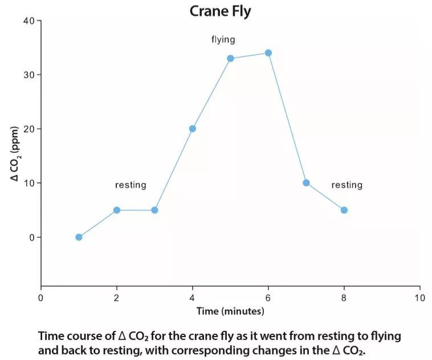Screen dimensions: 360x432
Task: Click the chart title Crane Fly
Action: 220,11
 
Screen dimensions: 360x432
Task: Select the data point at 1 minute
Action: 79,237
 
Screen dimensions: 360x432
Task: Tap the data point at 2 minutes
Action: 117,210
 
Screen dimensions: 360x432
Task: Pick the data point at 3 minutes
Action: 154,210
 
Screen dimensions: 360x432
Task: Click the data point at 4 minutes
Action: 193,129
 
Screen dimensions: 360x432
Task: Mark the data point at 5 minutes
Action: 230,58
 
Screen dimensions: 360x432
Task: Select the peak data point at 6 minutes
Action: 268,53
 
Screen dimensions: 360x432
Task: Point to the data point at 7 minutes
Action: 306,183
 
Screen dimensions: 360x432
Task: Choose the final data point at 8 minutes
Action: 344,210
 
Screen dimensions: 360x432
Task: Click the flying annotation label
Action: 223,39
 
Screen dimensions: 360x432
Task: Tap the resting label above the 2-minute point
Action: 131,185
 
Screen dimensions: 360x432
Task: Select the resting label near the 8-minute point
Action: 347,185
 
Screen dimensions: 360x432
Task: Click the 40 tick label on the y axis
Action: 28,21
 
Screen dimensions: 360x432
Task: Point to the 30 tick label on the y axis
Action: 28,75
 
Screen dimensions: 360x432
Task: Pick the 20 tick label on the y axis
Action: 28,129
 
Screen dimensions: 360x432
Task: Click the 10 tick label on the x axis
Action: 420,298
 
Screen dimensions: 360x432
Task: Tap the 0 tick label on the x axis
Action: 40,298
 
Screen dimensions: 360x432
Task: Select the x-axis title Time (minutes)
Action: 230,312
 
